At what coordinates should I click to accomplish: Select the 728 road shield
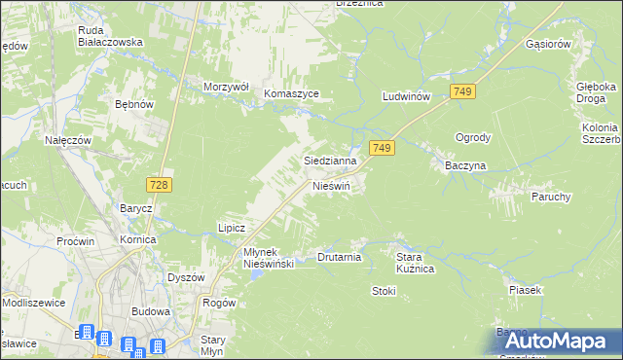(160, 184)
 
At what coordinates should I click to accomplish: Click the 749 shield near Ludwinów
(463, 90)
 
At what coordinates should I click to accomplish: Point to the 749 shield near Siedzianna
(383, 148)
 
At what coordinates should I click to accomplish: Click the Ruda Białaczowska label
(111, 36)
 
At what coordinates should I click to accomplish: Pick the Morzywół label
(227, 87)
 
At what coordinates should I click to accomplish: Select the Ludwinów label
(407, 97)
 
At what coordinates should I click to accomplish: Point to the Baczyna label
(465, 166)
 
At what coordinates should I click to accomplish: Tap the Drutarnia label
(340, 258)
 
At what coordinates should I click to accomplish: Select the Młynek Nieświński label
(268, 258)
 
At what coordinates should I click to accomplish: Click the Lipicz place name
(231, 227)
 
